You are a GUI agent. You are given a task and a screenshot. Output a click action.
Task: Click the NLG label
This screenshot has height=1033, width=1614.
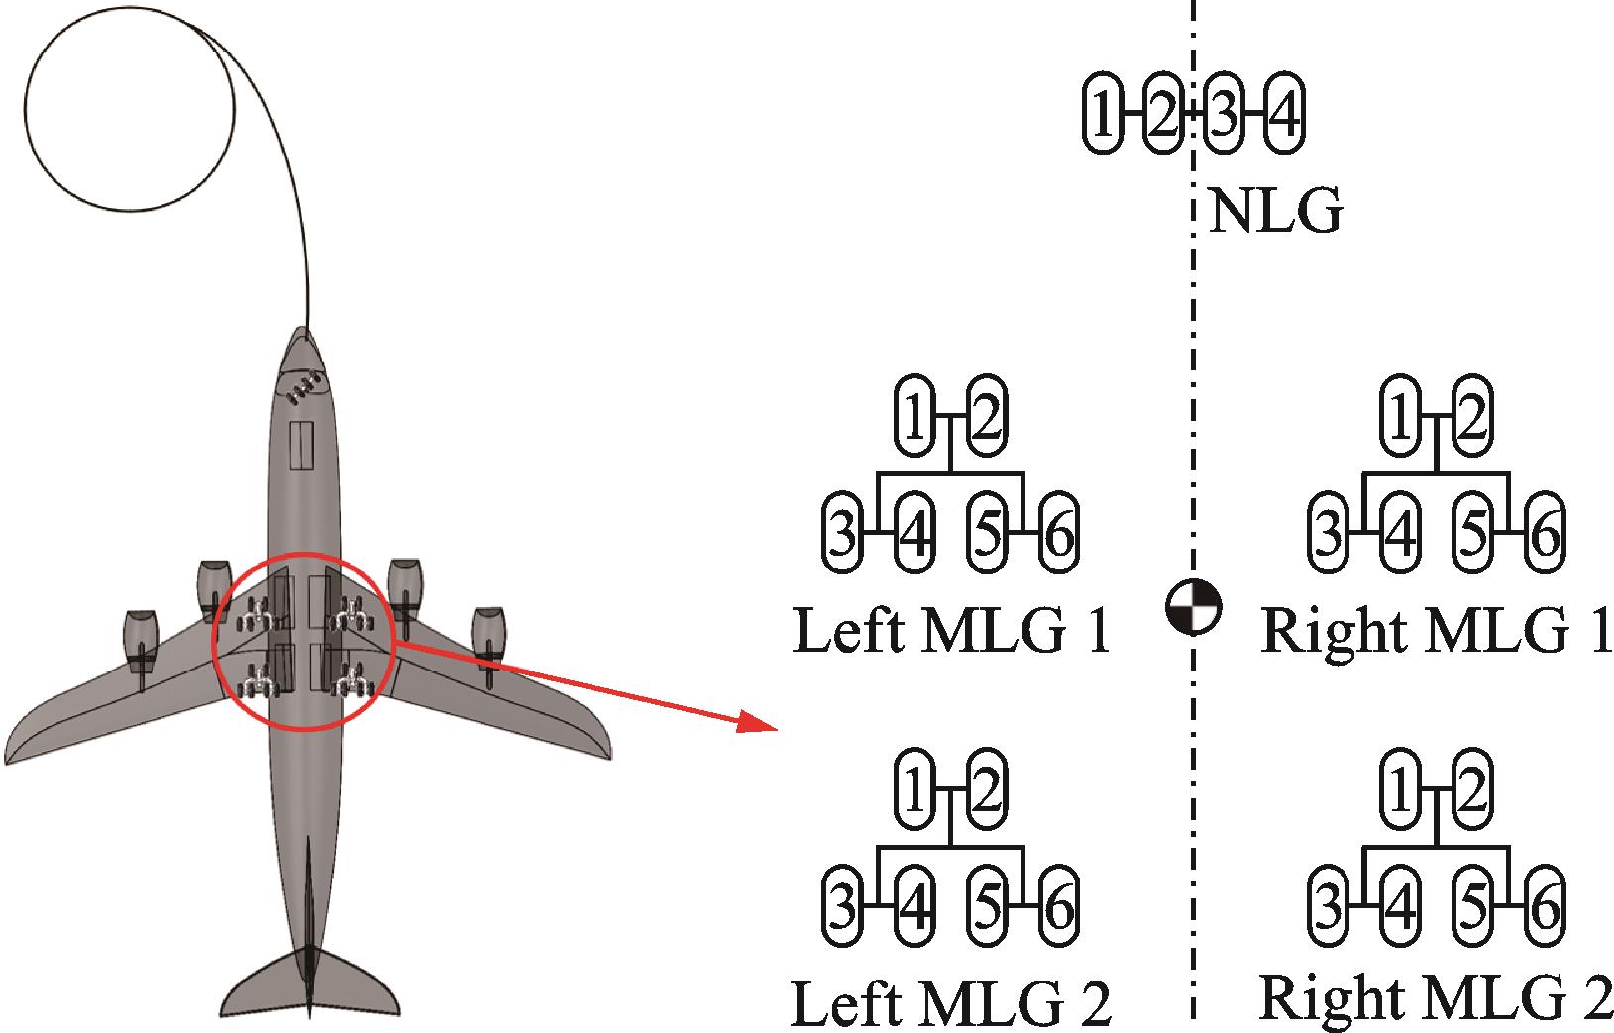1276,212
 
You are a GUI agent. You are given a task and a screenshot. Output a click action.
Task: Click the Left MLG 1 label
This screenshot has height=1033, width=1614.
951,631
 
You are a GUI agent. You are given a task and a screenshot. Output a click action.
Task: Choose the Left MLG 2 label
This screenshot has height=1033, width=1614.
951,1002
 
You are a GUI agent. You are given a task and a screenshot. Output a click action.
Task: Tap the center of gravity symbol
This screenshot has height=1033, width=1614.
1193,606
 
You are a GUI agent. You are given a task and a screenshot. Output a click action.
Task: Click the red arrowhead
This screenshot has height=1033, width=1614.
758,725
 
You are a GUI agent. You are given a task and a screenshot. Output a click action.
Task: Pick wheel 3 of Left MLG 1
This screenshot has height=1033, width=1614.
842,535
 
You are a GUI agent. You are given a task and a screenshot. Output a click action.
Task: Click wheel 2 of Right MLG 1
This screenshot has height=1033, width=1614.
1471,416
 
